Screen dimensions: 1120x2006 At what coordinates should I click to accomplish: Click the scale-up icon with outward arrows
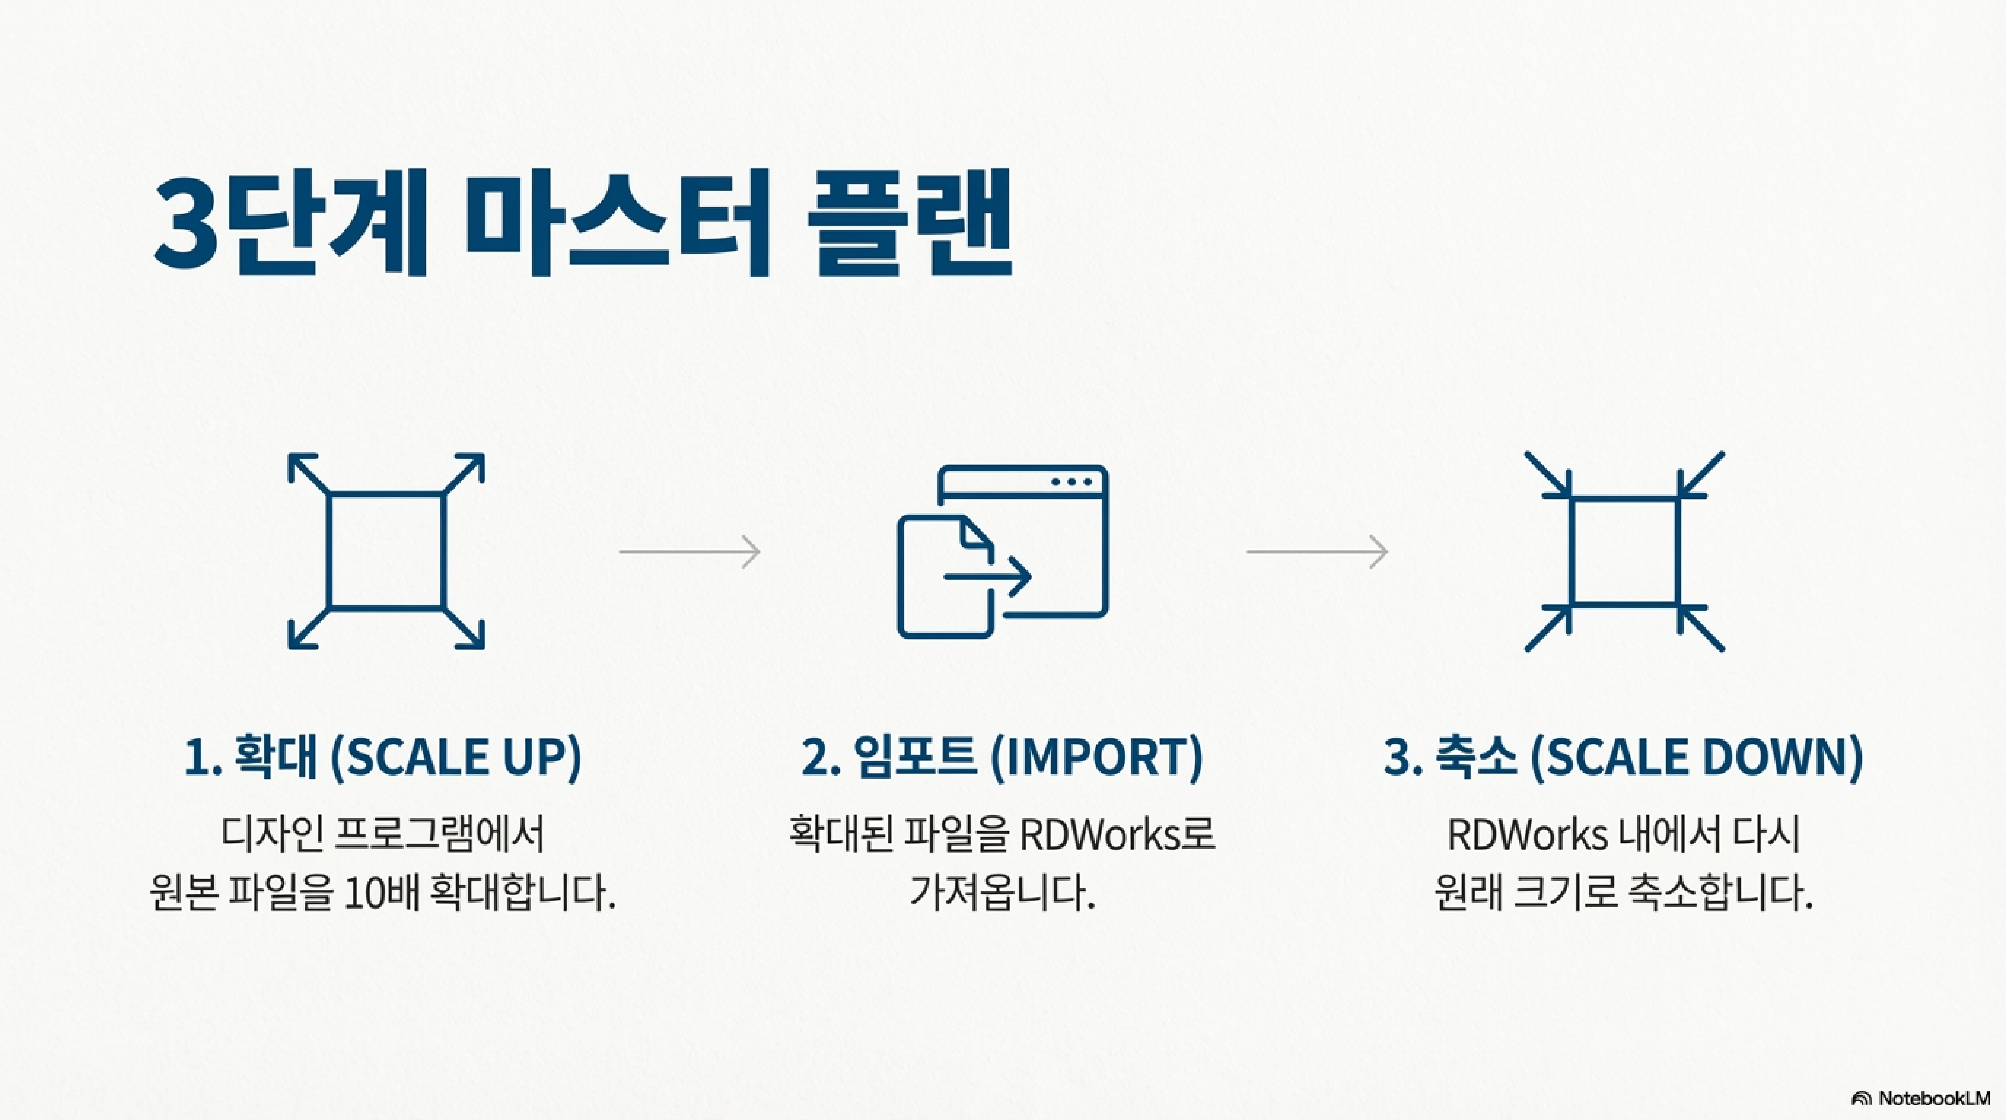386,551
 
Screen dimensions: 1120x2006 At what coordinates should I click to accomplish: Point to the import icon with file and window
1003,551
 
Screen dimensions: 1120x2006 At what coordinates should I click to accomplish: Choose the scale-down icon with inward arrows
1624,551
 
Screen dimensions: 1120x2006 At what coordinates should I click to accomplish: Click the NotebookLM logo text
1933,1098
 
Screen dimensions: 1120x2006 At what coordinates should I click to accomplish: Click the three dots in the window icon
1071,481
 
